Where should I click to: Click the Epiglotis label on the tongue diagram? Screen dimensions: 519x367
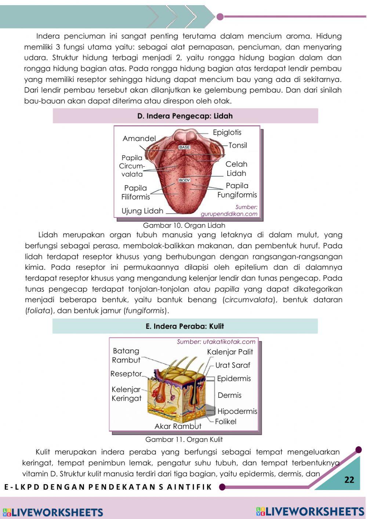point(227,133)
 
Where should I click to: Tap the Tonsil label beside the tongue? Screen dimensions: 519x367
point(237,145)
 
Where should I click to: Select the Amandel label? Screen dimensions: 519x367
point(139,138)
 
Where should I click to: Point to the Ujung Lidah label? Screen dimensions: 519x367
point(142,211)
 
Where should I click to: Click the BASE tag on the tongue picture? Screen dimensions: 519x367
point(184,147)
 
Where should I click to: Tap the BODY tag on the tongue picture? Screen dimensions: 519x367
point(184,180)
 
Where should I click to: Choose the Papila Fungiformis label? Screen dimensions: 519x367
point(237,190)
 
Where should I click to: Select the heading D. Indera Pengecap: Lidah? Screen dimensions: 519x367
point(185,116)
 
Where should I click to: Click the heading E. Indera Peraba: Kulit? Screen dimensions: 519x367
point(185,326)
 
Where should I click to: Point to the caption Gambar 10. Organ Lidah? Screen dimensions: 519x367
point(184,225)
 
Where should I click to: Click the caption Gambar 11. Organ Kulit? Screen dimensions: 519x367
point(184,439)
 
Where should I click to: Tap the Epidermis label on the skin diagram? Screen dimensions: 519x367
point(234,379)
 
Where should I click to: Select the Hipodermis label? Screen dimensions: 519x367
point(237,411)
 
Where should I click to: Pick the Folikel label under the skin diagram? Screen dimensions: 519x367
point(226,422)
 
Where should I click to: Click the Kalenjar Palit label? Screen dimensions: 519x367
point(230,352)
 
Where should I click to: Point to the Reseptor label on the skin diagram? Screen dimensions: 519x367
point(126,374)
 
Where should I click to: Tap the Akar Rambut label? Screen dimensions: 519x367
point(178,426)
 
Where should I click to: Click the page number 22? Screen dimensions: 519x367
point(349,480)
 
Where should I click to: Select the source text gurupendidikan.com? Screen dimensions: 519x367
point(229,214)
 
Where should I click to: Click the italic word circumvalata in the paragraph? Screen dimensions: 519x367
point(249,300)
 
